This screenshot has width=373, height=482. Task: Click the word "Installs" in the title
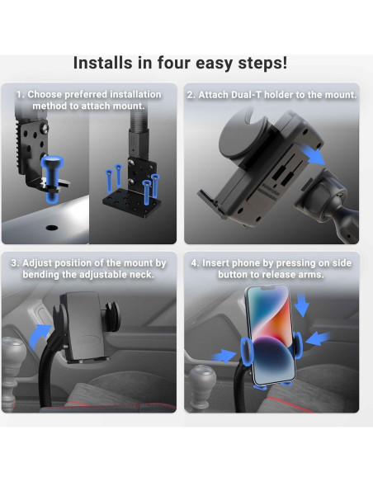tap(102, 63)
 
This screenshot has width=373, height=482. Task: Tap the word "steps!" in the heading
tap(262, 64)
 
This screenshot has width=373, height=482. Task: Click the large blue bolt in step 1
tap(52, 178)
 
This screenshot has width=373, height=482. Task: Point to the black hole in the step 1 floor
tap(52, 228)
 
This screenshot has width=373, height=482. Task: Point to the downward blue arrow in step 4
tap(302, 305)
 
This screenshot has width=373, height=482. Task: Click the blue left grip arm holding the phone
tap(247, 351)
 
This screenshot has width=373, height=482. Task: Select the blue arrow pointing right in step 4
tap(224, 356)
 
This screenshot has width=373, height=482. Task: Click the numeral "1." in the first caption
tap(21, 94)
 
